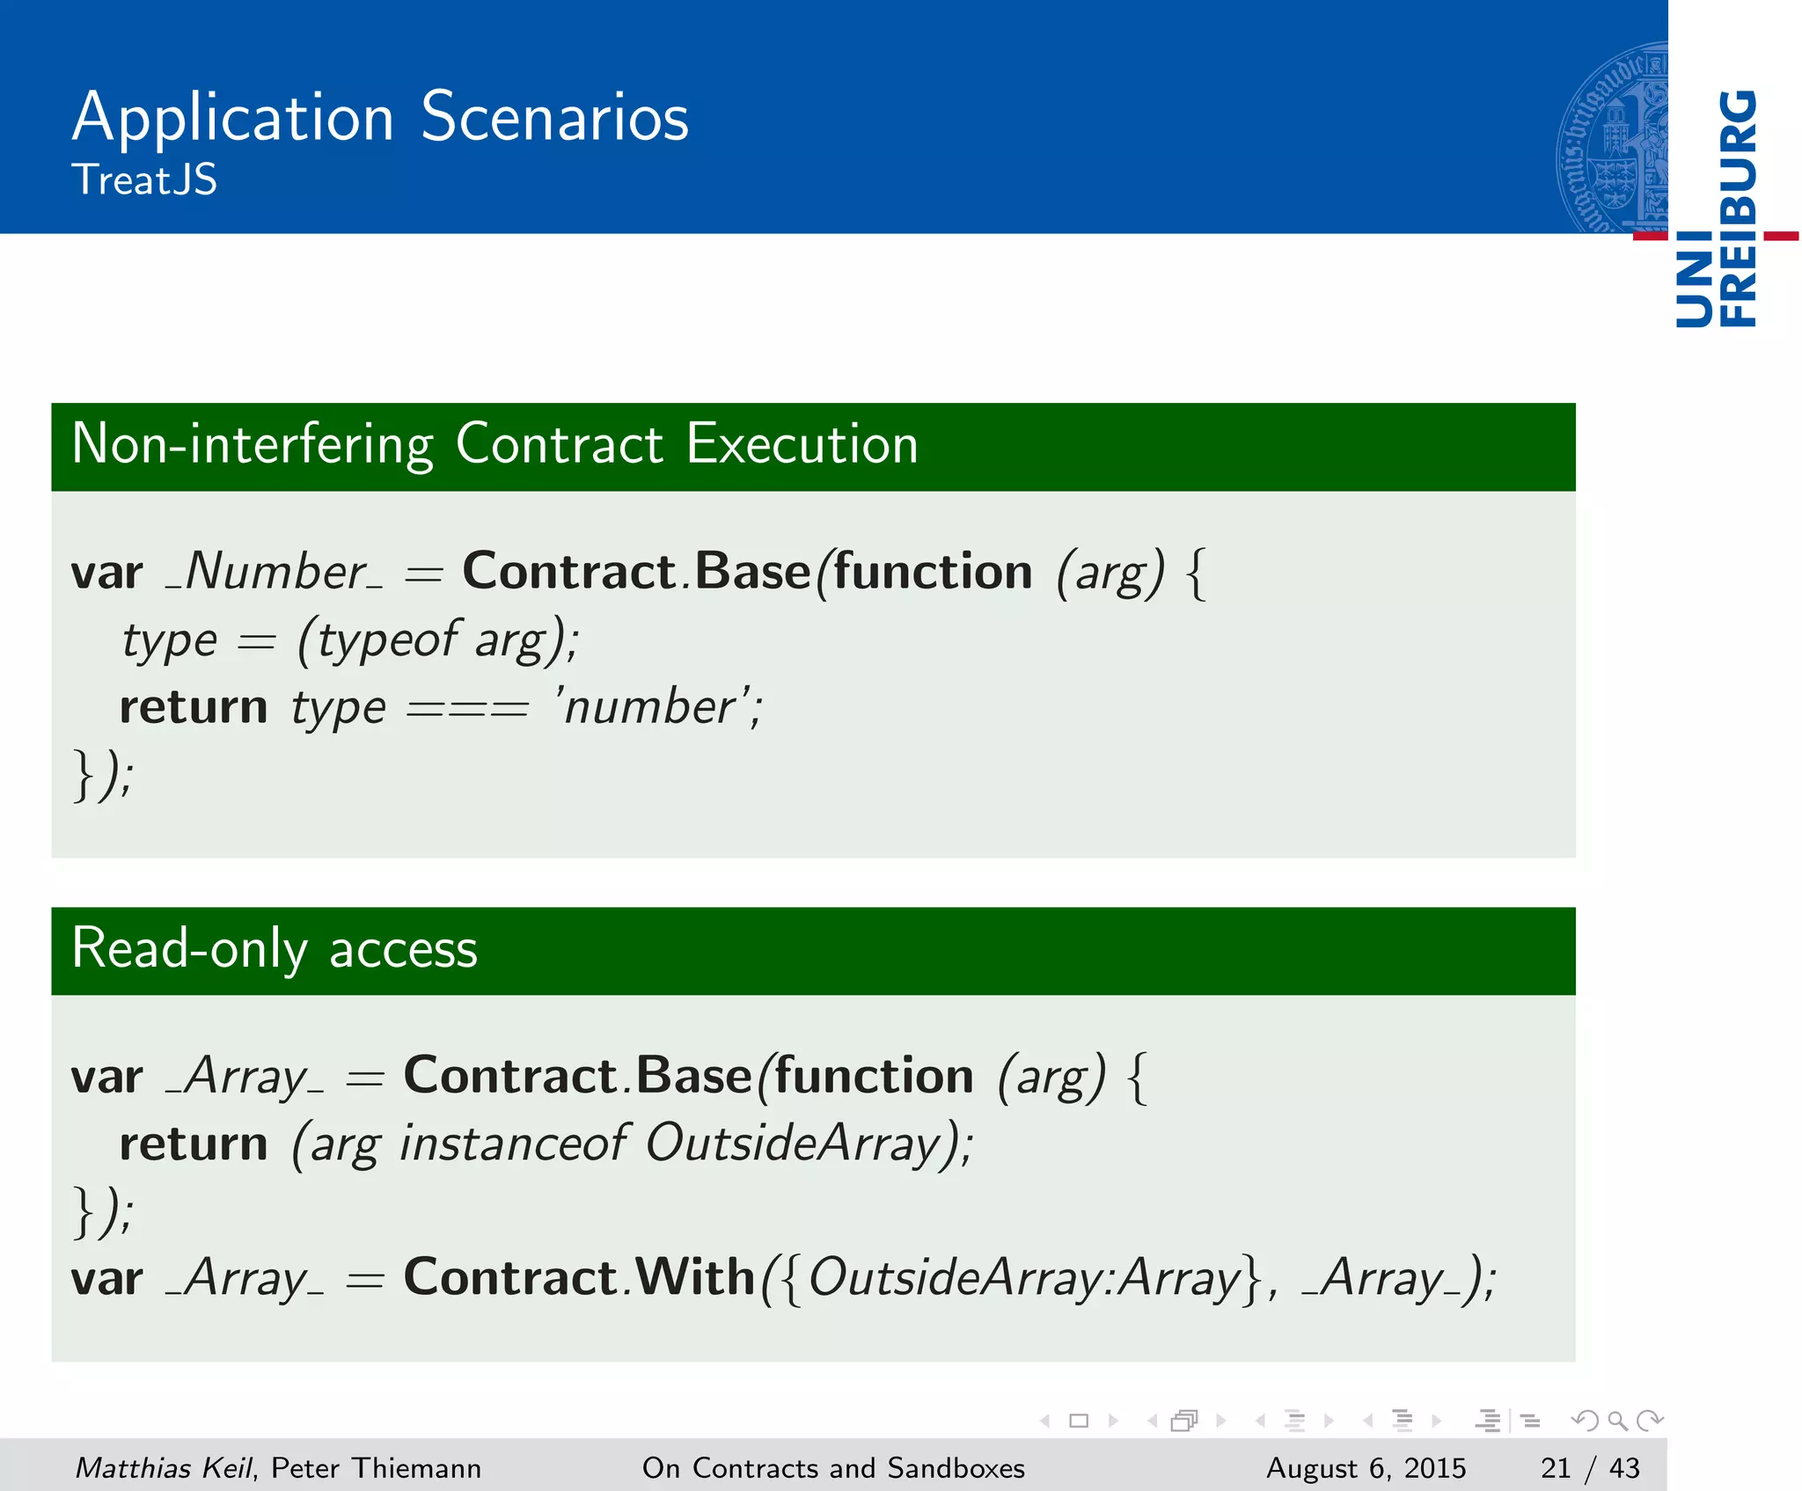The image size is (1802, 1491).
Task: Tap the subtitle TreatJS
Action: (x=144, y=180)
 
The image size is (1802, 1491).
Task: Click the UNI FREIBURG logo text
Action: (x=1717, y=209)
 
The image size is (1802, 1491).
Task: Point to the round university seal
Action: (x=1612, y=138)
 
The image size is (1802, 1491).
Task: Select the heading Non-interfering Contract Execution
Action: (x=494, y=444)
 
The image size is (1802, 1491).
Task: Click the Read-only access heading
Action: (x=275, y=949)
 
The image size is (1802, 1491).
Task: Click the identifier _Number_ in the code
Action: (x=275, y=573)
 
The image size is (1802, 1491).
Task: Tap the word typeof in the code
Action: (x=388, y=640)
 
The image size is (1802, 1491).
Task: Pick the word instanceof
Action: (x=513, y=1144)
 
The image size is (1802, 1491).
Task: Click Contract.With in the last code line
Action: (x=579, y=1277)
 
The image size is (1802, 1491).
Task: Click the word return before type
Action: (x=194, y=707)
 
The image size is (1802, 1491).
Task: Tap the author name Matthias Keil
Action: (x=165, y=1467)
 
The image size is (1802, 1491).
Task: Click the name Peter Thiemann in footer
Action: (x=376, y=1467)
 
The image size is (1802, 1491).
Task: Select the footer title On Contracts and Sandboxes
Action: (x=833, y=1467)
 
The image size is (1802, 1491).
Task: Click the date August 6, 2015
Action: (x=1366, y=1467)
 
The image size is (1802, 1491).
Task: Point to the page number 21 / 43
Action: (x=1590, y=1467)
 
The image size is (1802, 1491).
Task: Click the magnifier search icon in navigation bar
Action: (x=1617, y=1421)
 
